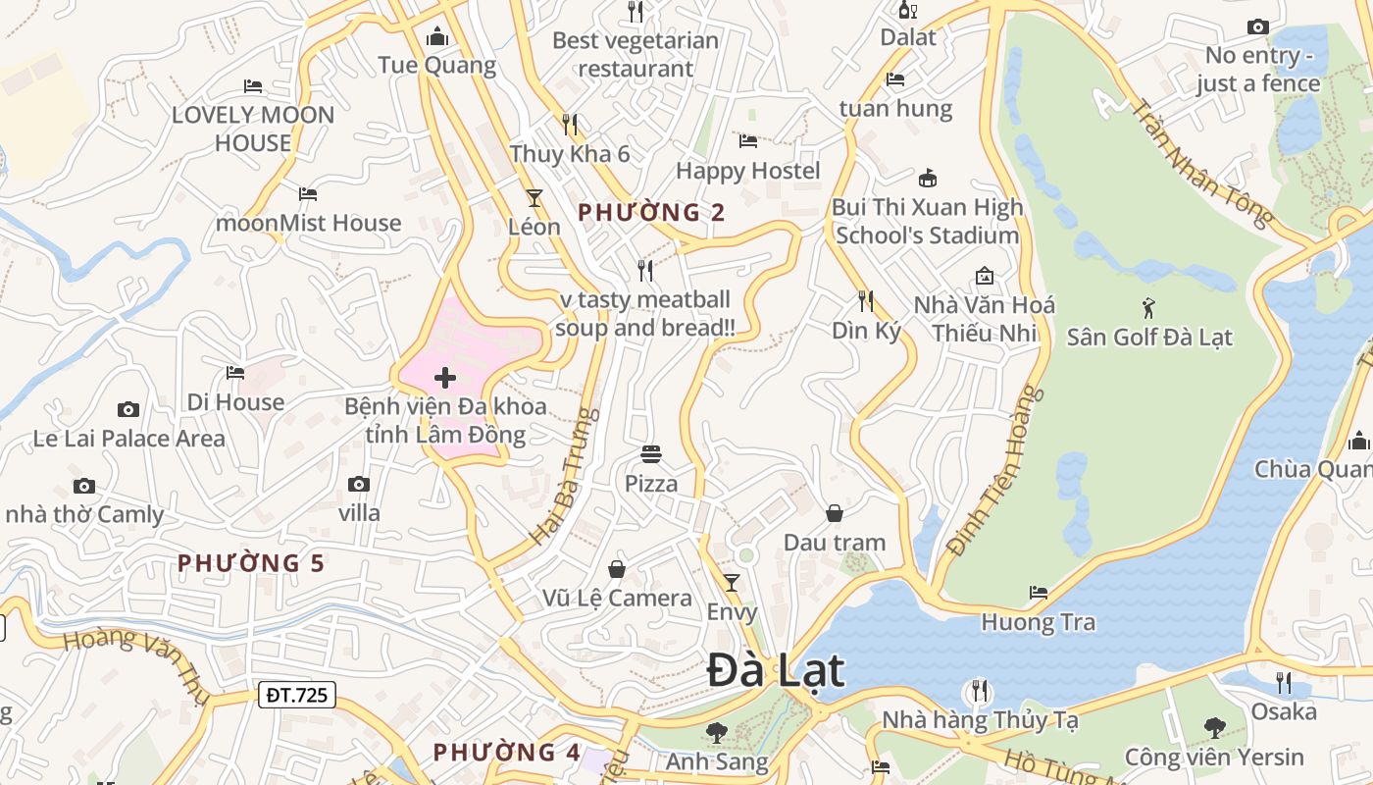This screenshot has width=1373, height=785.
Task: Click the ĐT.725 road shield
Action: tap(298, 695)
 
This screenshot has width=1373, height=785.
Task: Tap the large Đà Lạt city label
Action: tap(776, 672)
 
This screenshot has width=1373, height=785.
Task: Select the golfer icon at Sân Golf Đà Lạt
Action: tap(1148, 308)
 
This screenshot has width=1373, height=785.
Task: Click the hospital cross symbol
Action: tap(445, 378)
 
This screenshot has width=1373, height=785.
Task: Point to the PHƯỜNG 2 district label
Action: tap(651, 212)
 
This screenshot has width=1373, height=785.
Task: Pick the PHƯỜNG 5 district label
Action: tap(250, 563)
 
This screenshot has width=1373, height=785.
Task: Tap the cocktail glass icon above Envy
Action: tap(731, 583)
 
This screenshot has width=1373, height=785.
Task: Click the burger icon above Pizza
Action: tap(651, 454)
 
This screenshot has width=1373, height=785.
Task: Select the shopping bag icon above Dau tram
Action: tap(834, 513)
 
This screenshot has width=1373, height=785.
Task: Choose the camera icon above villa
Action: tap(359, 484)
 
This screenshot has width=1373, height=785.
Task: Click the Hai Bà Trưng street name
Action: tap(564, 477)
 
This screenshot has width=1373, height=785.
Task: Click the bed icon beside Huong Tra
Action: tap(1038, 592)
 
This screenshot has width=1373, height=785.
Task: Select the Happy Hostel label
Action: tap(748, 171)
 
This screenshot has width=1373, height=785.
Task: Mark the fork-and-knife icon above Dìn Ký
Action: tap(866, 300)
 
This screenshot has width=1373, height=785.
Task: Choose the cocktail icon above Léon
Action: tap(534, 197)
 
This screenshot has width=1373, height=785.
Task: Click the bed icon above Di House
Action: tap(235, 373)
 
